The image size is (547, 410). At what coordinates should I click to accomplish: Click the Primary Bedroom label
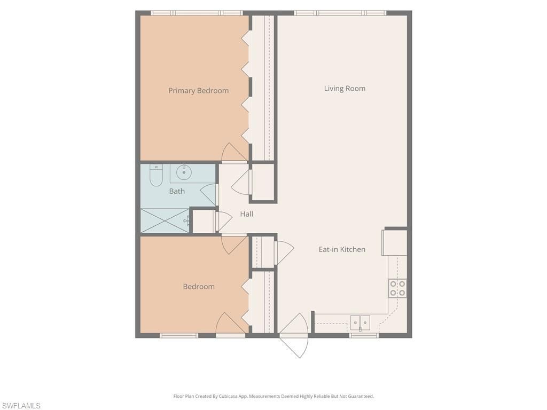coord(198,91)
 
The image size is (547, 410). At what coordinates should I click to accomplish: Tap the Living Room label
coord(345,89)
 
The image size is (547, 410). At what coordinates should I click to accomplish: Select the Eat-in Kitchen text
coord(342,249)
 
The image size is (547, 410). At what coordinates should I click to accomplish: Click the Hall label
coord(246,214)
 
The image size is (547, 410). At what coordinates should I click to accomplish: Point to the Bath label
coord(177,191)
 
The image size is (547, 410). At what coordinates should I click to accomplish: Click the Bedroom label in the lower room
coord(199,287)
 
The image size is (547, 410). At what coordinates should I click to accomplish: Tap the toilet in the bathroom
coord(156,176)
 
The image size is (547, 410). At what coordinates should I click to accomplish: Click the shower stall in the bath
coord(165,220)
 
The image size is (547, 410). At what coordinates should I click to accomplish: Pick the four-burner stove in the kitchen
coord(397,288)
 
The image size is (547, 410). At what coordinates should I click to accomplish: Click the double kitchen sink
coord(360,322)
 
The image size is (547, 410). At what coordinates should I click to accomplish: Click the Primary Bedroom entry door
coord(234,153)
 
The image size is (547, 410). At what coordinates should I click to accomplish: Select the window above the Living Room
coord(340,13)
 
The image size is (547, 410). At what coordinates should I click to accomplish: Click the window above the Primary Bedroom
coord(196,13)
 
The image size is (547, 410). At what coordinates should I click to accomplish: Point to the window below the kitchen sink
coord(364,335)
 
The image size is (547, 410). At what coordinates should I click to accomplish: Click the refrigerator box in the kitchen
coord(395,243)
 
